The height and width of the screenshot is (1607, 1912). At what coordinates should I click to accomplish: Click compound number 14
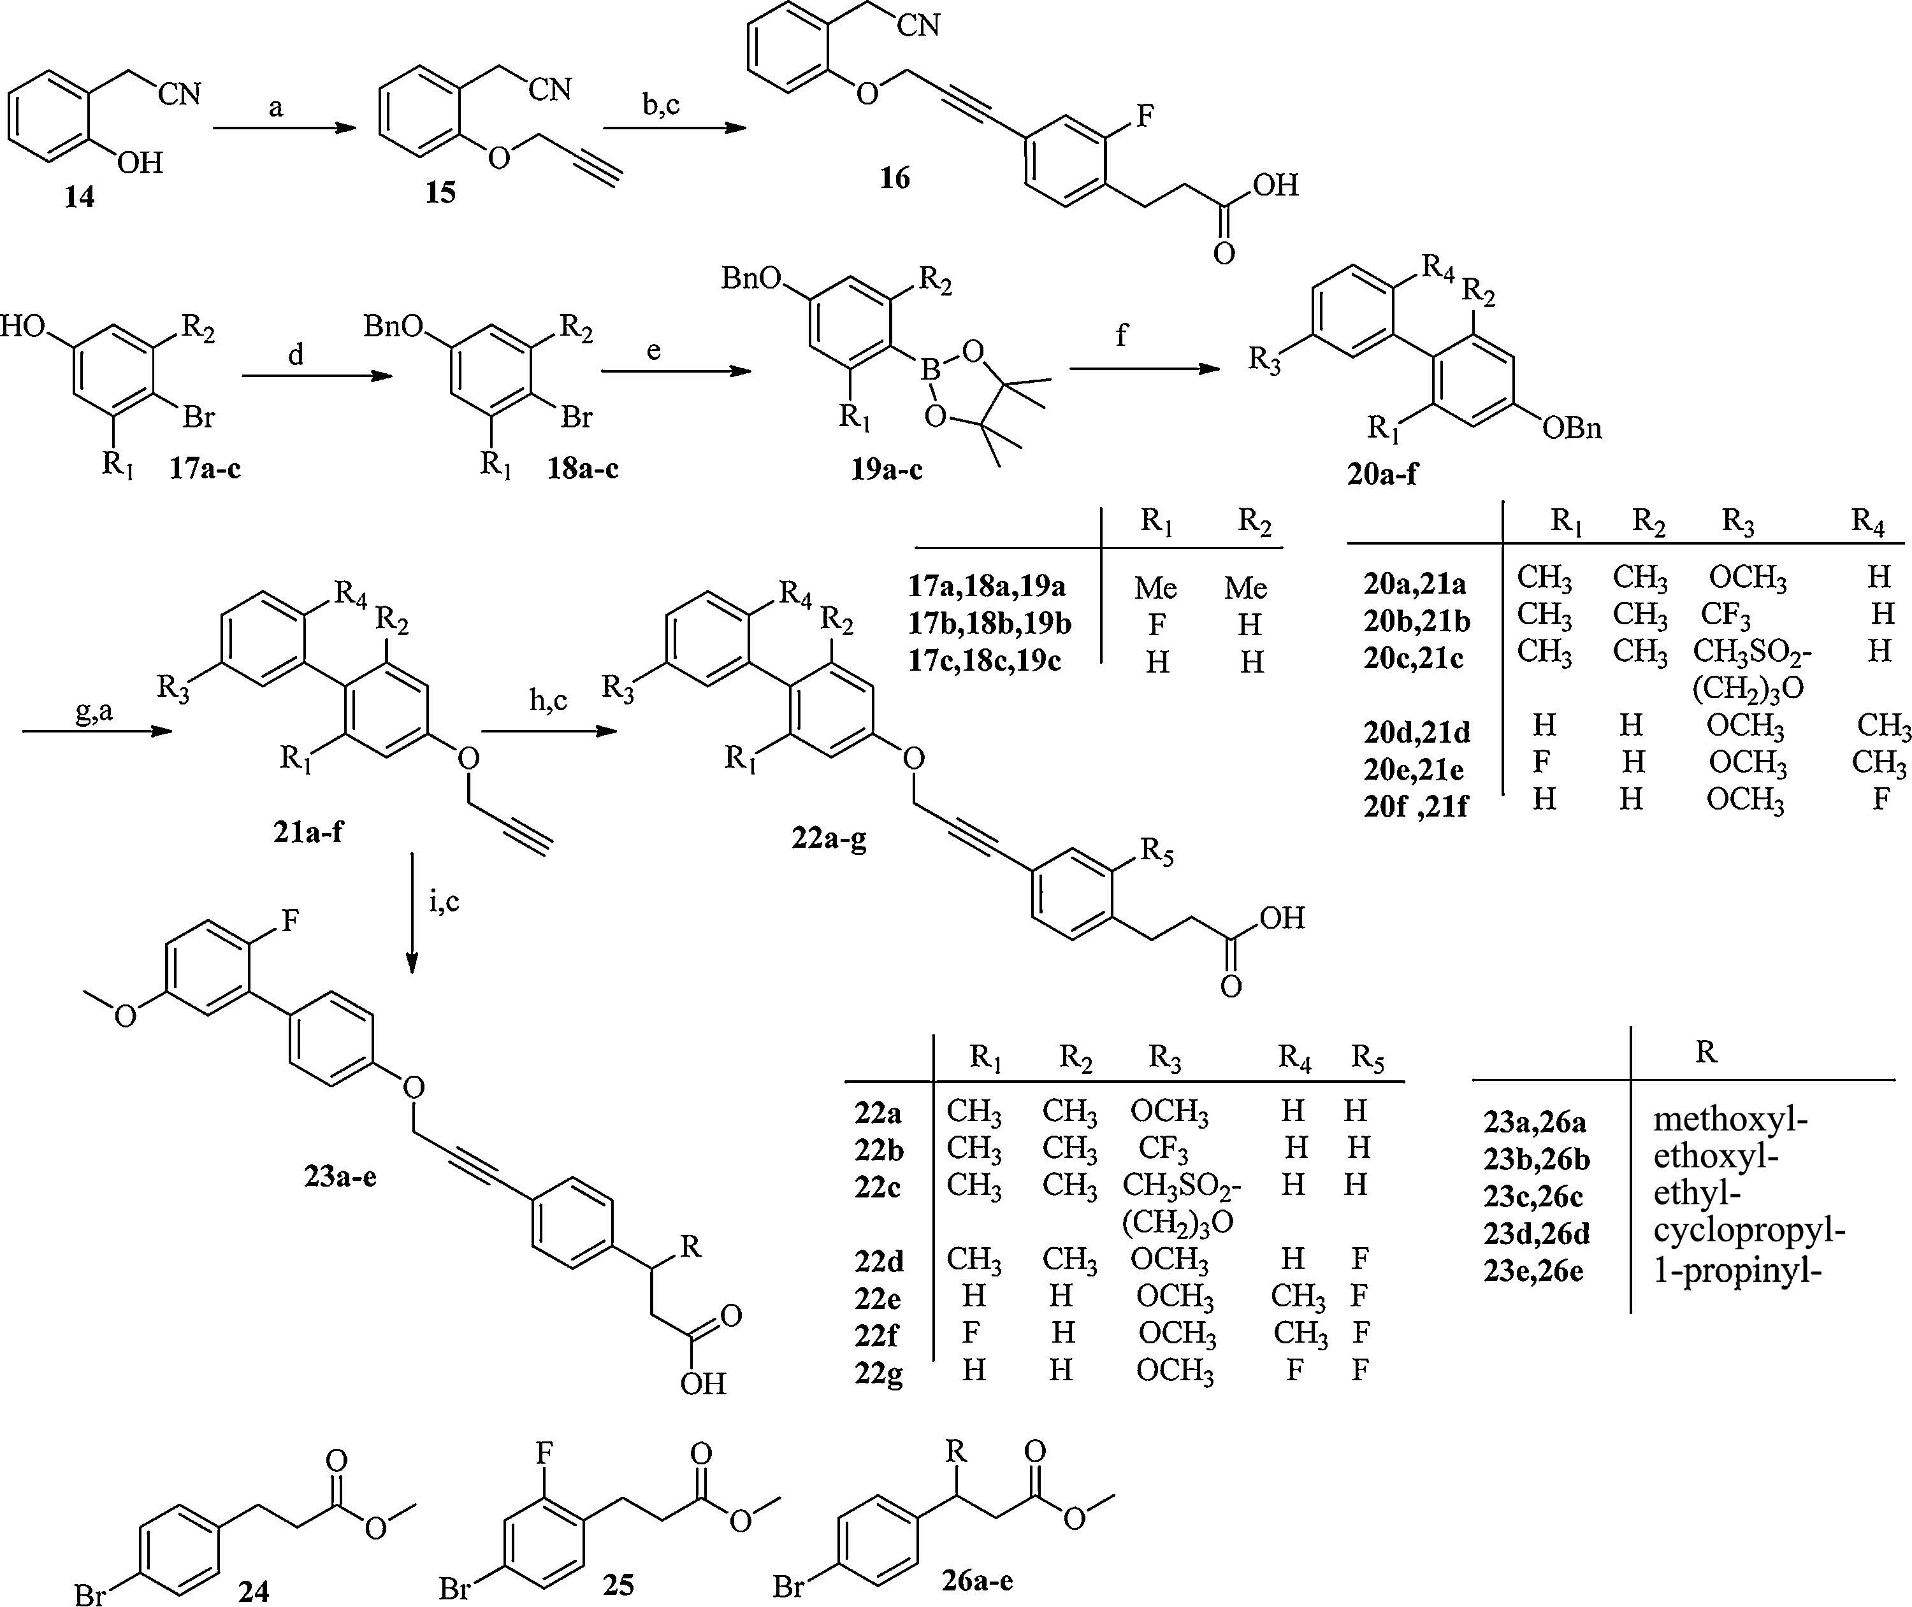click(x=79, y=197)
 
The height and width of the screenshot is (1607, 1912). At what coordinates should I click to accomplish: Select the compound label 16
click(x=894, y=178)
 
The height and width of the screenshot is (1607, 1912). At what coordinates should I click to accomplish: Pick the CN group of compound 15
click(x=549, y=89)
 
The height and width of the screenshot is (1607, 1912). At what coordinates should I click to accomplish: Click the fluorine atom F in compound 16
click(x=1145, y=116)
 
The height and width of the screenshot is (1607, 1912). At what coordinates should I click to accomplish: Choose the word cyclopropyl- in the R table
click(x=1749, y=1232)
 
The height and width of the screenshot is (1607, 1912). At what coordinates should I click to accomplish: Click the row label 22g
click(x=878, y=1372)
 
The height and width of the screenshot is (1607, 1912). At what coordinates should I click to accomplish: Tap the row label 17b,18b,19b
click(x=989, y=624)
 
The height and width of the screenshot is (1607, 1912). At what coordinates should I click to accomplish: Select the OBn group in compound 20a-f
click(x=1572, y=427)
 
